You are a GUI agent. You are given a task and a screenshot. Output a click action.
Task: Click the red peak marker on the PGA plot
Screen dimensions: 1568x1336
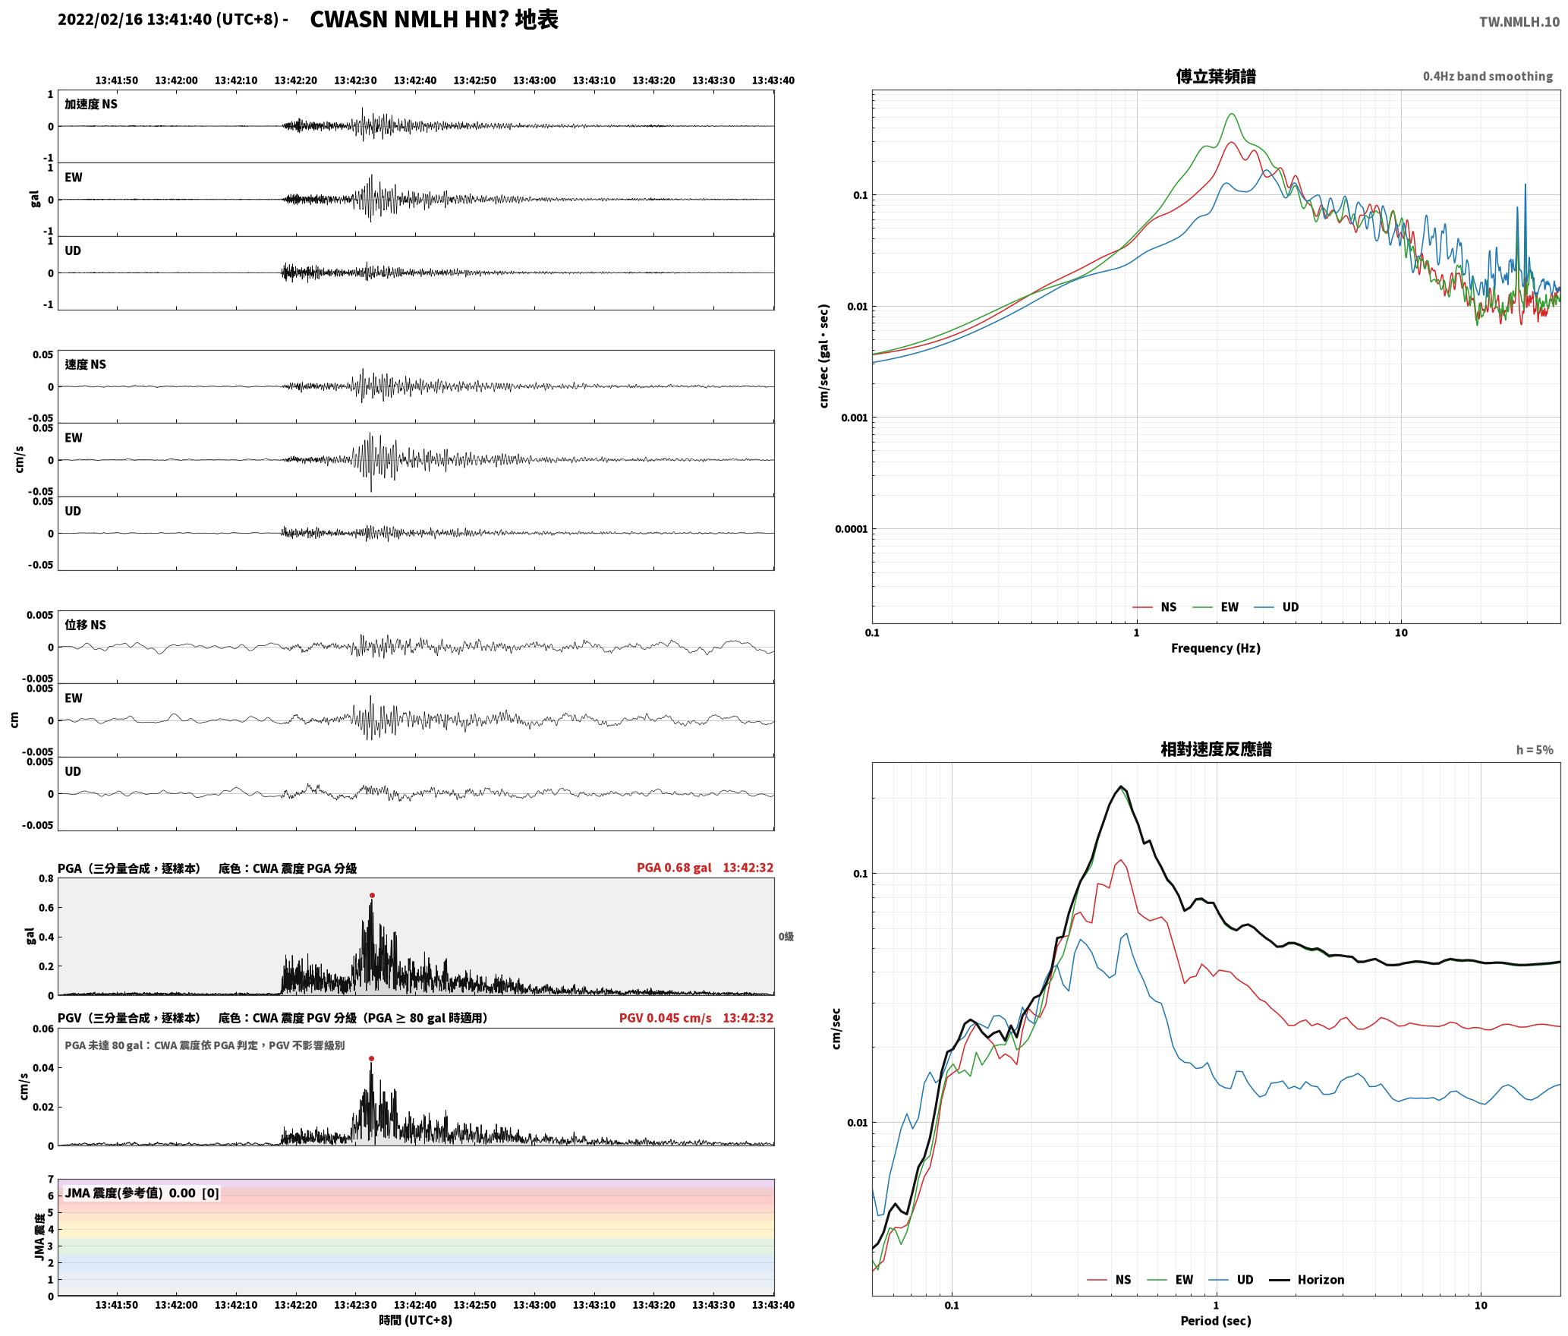(372, 896)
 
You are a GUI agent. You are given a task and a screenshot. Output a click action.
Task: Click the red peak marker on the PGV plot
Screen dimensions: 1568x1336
(371, 1058)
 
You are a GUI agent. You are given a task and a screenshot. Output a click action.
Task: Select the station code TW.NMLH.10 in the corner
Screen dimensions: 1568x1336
(1519, 22)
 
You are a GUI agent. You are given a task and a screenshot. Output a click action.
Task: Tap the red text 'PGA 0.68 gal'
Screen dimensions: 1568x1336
(674, 868)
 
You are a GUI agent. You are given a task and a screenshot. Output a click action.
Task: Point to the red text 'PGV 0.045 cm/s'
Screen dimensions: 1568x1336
(666, 1018)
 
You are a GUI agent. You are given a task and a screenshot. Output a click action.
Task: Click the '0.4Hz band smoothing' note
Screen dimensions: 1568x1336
(1488, 77)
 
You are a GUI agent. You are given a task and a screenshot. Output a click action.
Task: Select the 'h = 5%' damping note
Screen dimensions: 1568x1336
(1535, 750)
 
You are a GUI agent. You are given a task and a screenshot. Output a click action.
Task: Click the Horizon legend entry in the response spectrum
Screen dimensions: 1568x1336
(1307, 1280)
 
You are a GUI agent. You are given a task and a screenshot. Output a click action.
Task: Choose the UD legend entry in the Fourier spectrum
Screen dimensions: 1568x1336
(1276, 607)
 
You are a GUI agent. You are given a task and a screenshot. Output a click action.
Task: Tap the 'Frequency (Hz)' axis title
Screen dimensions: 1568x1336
(1215, 648)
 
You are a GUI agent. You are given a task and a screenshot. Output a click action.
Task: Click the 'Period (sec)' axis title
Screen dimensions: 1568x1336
(1215, 1322)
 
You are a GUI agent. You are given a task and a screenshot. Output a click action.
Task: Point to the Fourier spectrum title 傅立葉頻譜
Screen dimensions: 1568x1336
(1215, 77)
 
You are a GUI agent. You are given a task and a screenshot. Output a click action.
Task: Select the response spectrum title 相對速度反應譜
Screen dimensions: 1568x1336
(1216, 750)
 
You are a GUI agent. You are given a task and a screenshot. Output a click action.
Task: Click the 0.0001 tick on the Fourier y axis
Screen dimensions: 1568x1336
(851, 529)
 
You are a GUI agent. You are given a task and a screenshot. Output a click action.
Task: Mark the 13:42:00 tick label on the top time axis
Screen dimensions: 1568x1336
(176, 80)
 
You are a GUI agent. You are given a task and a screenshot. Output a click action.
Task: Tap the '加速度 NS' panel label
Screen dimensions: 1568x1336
(91, 104)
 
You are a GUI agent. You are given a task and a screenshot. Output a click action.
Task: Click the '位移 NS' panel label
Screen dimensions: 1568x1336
(85, 625)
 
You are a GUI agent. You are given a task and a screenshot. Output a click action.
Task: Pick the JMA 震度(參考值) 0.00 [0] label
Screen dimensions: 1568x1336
(142, 1193)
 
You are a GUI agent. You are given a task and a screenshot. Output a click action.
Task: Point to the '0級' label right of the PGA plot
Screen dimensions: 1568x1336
(786, 937)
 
